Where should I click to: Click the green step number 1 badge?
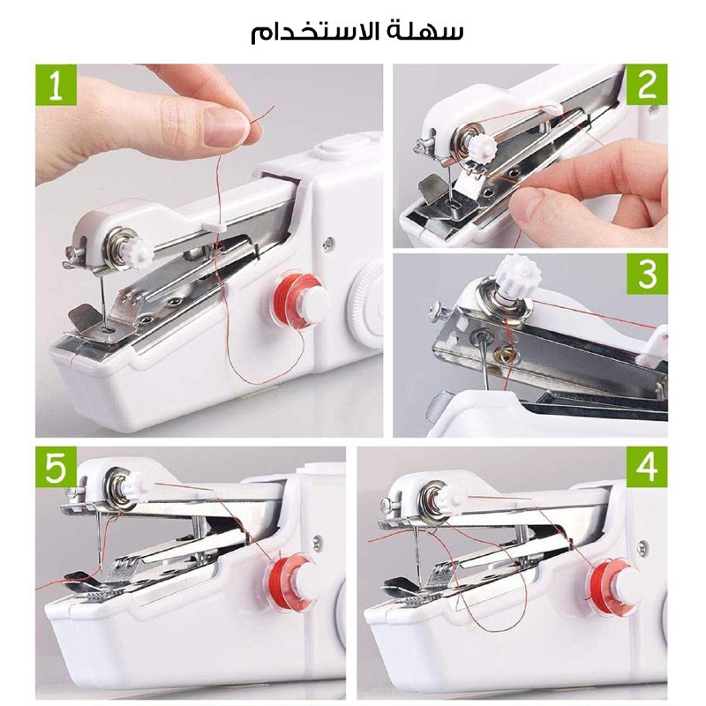[56, 85]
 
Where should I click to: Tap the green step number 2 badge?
[647, 85]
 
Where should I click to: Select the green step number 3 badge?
[647, 274]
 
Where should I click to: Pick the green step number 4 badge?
[647, 467]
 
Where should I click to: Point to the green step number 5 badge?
[56, 467]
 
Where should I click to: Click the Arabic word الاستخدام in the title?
[311, 31]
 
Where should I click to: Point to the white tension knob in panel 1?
[140, 252]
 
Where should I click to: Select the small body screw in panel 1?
[327, 244]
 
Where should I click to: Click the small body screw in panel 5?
[318, 542]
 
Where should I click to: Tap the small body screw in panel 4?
[642, 547]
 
